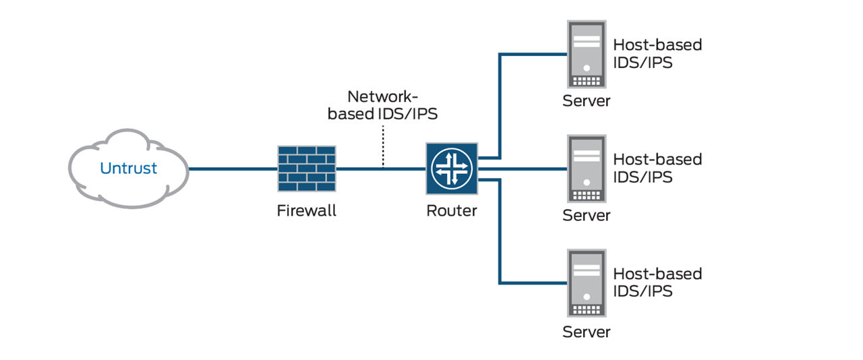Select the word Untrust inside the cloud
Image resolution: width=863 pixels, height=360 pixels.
128,169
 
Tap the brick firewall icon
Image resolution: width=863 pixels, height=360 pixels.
307,168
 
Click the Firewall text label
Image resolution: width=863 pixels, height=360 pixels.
307,211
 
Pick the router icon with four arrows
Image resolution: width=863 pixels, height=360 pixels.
451,168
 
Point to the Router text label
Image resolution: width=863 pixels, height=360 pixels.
451,211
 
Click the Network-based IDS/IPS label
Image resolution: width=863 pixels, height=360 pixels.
382,105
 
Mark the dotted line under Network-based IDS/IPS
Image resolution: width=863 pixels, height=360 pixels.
383,148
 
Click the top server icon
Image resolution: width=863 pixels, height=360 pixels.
587,53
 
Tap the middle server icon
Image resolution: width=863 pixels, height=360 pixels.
587,168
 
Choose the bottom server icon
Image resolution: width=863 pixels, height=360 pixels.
587,282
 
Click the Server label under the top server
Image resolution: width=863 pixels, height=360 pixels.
587,102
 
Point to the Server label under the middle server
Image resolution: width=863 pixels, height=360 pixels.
587,216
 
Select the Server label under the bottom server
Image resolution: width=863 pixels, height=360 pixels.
587,332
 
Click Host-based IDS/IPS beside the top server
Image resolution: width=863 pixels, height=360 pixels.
657,53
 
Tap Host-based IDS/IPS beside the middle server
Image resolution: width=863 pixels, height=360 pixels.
657,168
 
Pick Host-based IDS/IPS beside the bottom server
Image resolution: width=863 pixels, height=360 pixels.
657,282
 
